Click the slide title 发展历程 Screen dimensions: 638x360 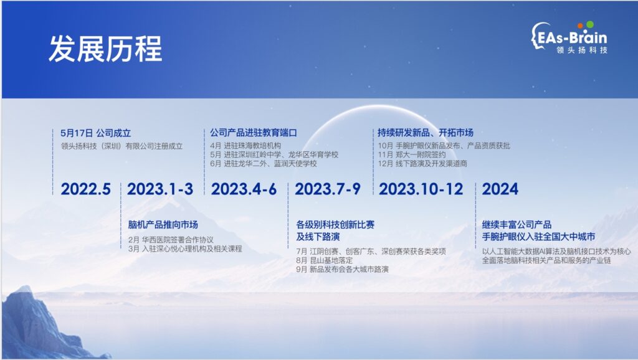pos(105,49)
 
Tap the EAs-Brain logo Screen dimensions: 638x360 pos(569,37)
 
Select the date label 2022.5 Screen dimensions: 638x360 pos(85,189)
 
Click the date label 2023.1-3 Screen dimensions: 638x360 pos(160,189)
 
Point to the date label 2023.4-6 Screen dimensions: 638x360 pos(244,189)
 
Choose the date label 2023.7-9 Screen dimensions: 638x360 pos(328,189)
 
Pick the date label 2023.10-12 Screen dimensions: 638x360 pos(421,189)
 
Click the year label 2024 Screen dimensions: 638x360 pos(500,189)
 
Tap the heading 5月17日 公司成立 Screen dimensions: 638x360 pos(95,133)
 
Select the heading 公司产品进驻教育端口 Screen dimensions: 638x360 pos(254,133)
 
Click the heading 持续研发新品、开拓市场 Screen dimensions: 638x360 pos(425,133)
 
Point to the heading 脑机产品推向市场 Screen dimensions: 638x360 pos(163,225)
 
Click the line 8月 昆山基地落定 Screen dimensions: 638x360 pos(324,260)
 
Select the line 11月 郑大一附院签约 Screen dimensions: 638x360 pos(412,154)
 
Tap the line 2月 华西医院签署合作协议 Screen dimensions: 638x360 pos(171,240)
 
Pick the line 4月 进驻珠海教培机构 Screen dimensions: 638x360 pos(245,146)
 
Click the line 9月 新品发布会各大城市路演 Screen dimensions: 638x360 pos(342,269)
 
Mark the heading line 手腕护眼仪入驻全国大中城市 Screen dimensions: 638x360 pos(538,237)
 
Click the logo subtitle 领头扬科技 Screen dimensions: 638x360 pos(582,50)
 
